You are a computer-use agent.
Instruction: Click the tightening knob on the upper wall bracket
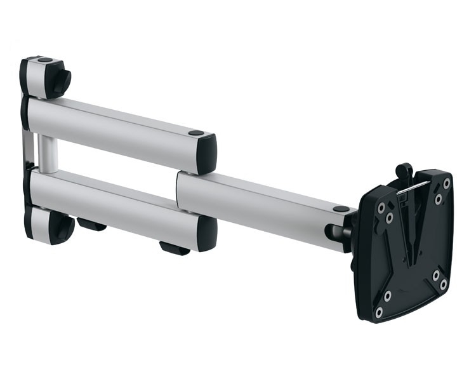(x=63, y=81)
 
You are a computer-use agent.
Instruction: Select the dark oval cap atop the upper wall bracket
(x=44, y=60)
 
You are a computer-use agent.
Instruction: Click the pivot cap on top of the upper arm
(x=196, y=133)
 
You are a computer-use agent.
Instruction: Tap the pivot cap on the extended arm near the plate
(x=341, y=209)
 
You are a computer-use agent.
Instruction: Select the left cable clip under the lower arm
(x=92, y=224)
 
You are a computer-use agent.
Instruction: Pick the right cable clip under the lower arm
(x=174, y=248)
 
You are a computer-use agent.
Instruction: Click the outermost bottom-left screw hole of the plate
(x=379, y=312)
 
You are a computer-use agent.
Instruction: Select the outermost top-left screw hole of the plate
(x=380, y=208)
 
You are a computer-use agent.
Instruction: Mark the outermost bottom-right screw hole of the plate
(x=444, y=284)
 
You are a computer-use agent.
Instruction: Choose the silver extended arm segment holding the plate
(x=260, y=197)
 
